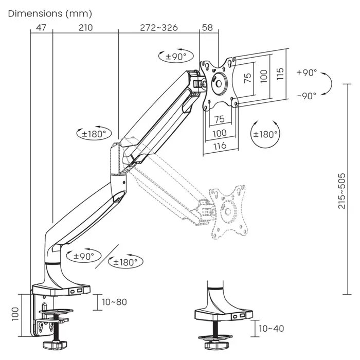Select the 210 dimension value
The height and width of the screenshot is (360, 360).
85,28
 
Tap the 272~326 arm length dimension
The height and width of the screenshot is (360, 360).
159,28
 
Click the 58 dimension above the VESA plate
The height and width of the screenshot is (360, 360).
207,28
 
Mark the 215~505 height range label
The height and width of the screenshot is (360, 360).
342,190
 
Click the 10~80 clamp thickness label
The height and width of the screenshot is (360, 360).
114,302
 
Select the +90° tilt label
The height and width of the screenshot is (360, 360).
307,73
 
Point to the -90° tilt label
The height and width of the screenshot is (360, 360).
307,96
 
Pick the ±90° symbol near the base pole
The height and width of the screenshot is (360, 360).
84,256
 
